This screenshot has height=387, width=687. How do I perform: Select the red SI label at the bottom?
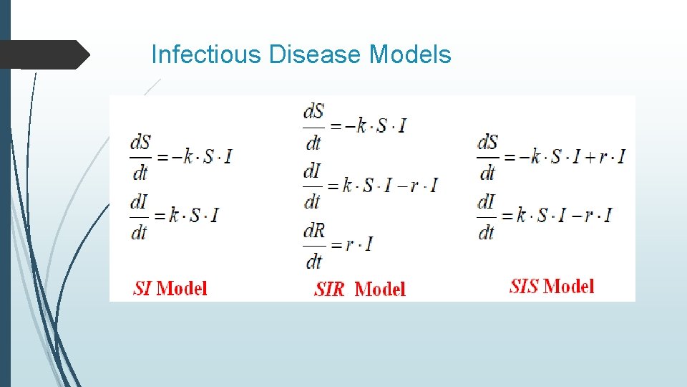[142, 289]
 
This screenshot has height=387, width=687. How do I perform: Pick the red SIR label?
[329, 290]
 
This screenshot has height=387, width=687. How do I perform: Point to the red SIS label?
[524, 287]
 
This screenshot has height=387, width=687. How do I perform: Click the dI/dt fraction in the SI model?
[139, 215]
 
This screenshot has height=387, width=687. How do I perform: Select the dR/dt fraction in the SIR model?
[313, 244]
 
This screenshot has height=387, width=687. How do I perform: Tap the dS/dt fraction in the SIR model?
[313, 126]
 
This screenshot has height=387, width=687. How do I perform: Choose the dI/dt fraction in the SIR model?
[312, 185]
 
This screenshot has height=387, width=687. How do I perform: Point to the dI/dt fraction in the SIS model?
[486, 215]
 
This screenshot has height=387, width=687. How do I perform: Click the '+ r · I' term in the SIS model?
[604, 156]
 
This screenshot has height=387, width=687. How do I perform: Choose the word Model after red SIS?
[568, 287]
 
